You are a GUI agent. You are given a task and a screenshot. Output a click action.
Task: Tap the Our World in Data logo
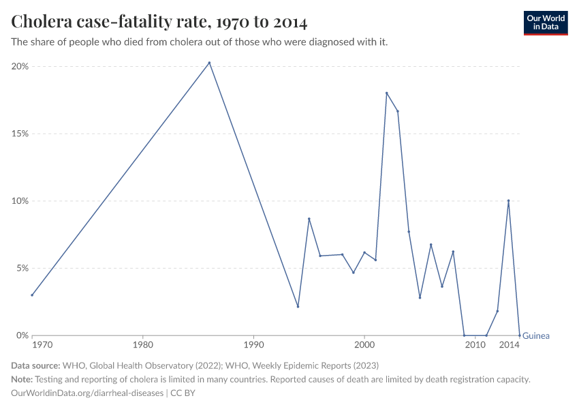click(545, 22)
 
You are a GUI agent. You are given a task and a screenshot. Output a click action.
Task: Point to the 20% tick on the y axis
click(20, 66)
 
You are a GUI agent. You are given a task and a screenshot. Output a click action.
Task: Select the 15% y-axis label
click(20, 134)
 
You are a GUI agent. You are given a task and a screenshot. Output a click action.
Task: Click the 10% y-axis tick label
click(20, 201)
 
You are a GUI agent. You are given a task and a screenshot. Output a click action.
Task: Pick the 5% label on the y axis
click(22, 269)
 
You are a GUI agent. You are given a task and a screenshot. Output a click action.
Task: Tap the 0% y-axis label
click(22, 335)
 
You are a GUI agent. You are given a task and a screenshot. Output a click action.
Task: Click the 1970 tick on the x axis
click(42, 346)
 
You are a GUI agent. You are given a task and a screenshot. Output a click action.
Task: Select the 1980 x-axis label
click(142, 346)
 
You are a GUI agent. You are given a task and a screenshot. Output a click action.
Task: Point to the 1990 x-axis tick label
click(253, 346)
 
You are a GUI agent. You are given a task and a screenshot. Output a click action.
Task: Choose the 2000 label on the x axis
click(364, 346)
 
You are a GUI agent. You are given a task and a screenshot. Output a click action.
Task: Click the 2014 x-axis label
click(510, 346)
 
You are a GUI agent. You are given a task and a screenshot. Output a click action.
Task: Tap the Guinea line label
click(536, 335)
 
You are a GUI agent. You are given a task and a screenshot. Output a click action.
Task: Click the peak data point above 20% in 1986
click(209, 63)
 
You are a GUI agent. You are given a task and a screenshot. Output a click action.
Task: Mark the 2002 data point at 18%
click(386, 93)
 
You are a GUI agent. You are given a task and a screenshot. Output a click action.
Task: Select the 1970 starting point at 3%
click(32, 295)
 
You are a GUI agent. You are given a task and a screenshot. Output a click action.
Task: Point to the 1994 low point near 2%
click(298, 306)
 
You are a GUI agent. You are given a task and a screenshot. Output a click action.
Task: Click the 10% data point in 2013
click(508, 201)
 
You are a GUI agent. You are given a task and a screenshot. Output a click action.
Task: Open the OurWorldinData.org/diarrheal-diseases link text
click(87, 393)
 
